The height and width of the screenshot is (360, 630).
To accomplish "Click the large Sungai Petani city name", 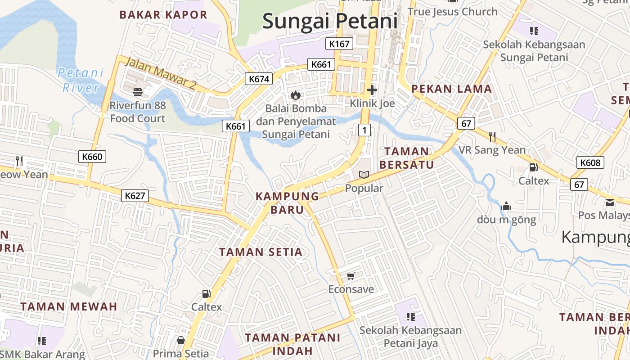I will (330, 21).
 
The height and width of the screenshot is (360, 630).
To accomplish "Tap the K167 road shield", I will (339, 44).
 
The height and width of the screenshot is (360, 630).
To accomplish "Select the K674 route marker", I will (259, 79).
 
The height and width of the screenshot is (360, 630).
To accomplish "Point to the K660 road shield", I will (93, 157).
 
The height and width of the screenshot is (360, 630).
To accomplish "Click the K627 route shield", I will (135, 196).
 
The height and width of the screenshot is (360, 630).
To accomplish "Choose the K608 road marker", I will (590, 162).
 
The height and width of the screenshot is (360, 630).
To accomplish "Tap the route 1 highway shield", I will (364, 130).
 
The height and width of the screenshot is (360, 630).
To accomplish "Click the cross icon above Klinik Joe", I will (372, 90).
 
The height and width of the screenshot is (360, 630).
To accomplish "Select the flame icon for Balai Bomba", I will (296, 95).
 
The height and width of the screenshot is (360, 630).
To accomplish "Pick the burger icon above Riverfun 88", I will (138, 92).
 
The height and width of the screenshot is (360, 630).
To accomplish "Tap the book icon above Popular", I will (364, 175).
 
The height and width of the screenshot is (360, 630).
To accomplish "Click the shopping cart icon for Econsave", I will (351, 275).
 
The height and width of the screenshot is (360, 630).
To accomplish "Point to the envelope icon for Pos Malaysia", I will (609, 202).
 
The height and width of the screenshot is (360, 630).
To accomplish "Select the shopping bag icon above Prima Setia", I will (180, 340).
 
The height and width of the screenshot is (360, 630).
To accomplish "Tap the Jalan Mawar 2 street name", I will (160, 73).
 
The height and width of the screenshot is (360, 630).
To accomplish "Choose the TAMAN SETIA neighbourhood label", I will (261, 252).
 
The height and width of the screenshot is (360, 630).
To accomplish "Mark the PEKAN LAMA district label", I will (451, 89).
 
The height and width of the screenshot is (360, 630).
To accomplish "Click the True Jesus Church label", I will (452, 12).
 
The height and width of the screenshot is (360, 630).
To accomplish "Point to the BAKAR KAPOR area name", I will (163, 14).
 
